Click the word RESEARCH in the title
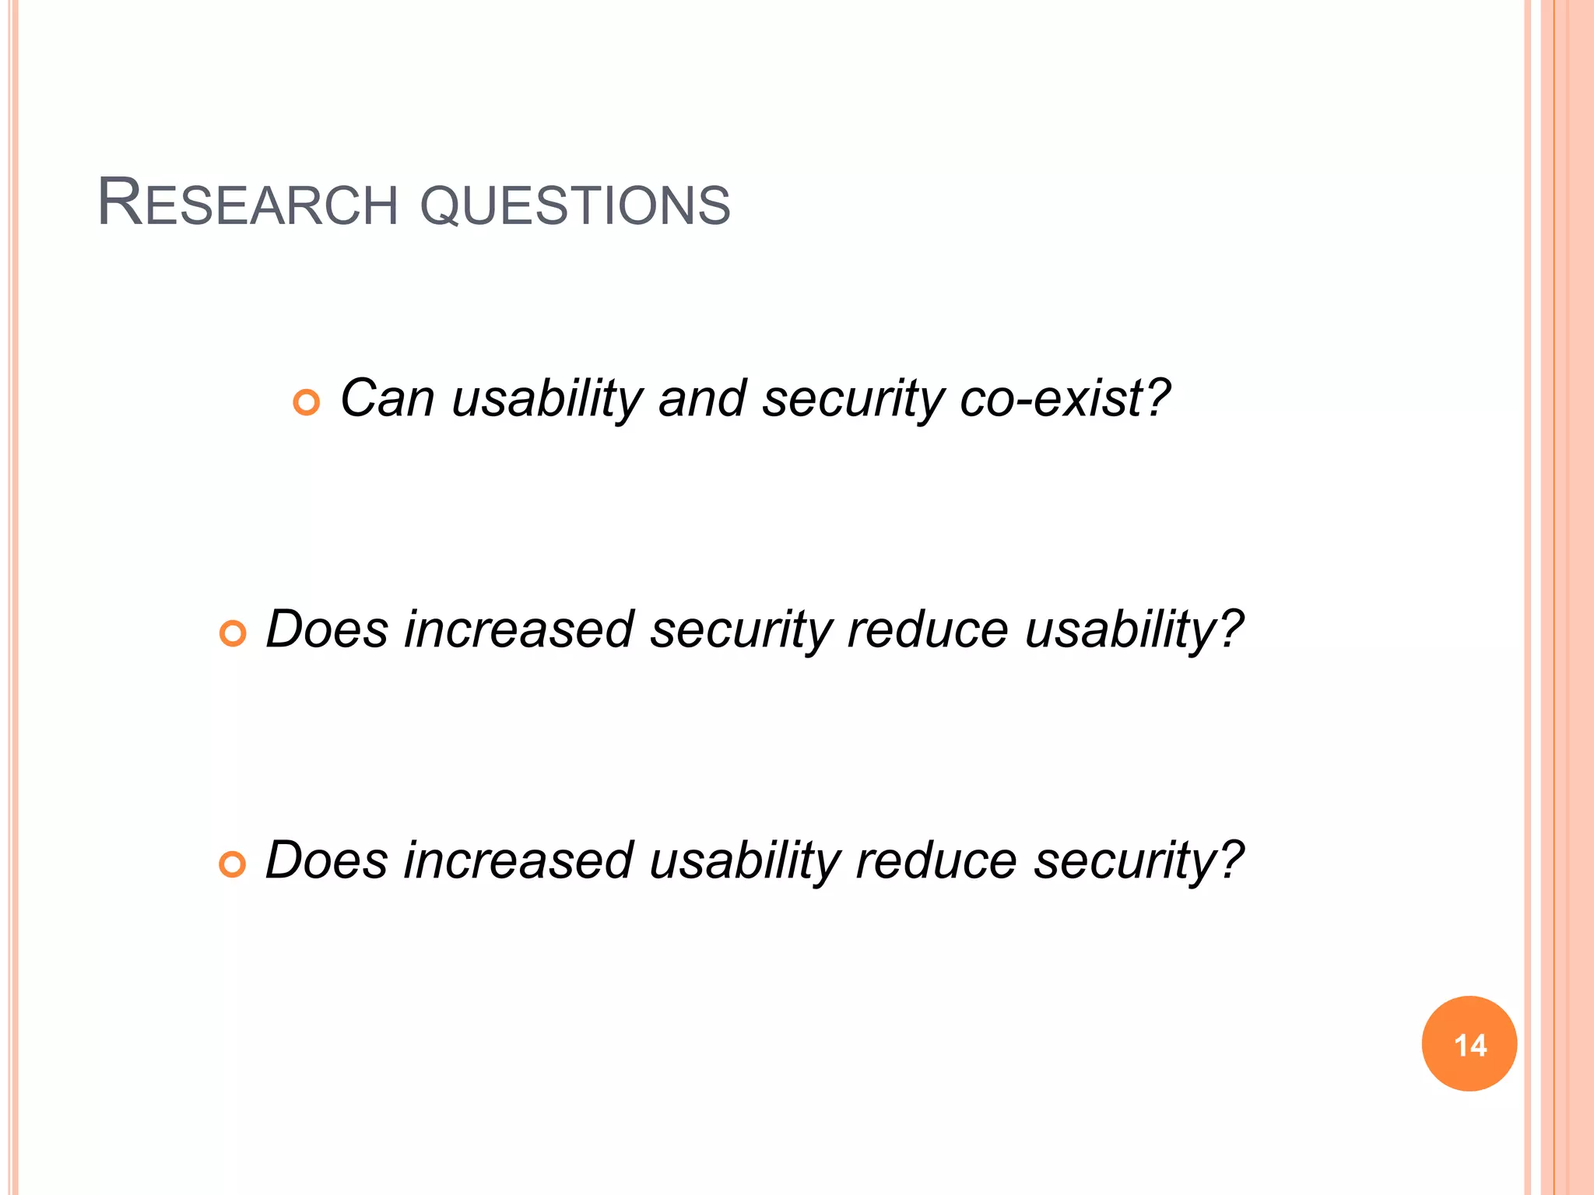[248, 204]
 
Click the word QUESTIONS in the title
[575, 205]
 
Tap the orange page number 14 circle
[1469, 1043]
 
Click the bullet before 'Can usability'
[307, 402]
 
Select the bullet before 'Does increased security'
[233, 633]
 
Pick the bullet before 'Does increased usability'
[233, 864]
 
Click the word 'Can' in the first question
[387, 398]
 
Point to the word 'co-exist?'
[1065, 398]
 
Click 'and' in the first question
[702, 398]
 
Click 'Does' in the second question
[326, 629]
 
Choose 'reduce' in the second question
[928, 629]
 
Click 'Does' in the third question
[326, 860]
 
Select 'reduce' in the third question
[936, 860]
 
